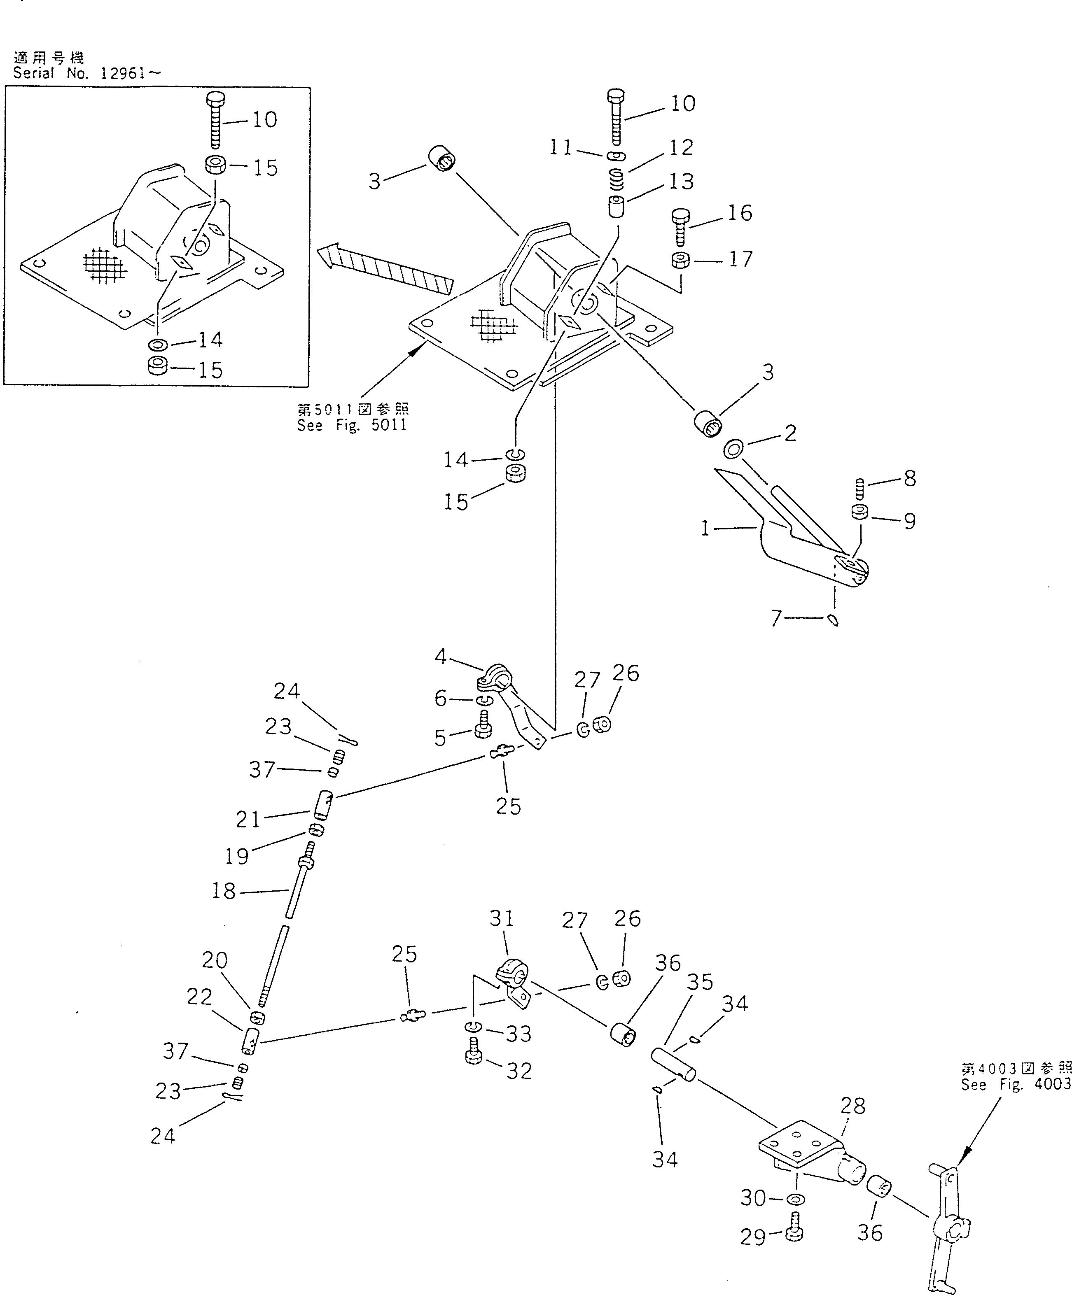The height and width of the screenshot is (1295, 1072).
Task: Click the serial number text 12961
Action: [124, 73]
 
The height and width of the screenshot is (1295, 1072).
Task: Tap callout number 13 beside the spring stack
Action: [681, 181]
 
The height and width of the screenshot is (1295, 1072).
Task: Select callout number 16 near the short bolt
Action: [740, 213]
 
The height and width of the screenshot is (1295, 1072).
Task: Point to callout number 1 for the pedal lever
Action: [705, 529]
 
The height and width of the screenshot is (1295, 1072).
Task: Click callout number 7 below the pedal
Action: [776, 617]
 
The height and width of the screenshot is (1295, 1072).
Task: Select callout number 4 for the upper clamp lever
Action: [440, 657]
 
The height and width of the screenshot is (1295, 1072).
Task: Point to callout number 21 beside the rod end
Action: [248, 820]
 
